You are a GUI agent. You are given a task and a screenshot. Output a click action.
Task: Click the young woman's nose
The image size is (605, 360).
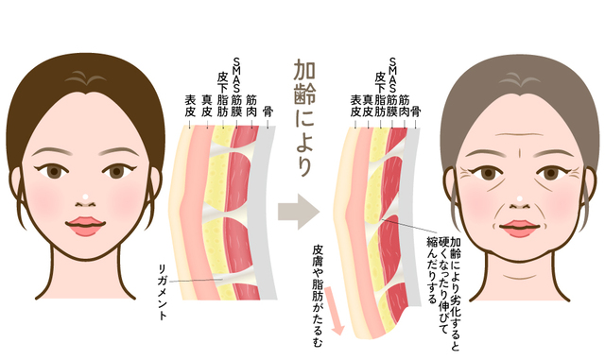point(87,200)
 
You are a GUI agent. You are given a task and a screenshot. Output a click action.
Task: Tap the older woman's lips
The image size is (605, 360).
point(518,228)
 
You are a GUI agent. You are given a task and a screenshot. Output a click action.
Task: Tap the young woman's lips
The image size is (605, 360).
point(87,227)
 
